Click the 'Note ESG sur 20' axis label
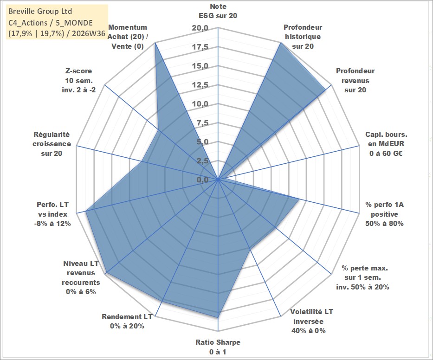tap(218, 11)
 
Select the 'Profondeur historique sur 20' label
tap(303, 37)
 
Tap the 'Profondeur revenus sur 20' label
tap(355, 80)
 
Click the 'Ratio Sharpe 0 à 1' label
tap(218, 347)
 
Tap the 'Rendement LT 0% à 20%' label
tap(127, 321)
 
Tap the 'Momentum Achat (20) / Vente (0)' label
tap(128, 37)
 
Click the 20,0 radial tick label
tap(200, 28)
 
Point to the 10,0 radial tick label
tap(200, 104)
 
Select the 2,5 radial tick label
tap(202, 161)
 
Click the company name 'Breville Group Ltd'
tap(40, 11)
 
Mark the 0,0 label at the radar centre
tap(202, 180)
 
